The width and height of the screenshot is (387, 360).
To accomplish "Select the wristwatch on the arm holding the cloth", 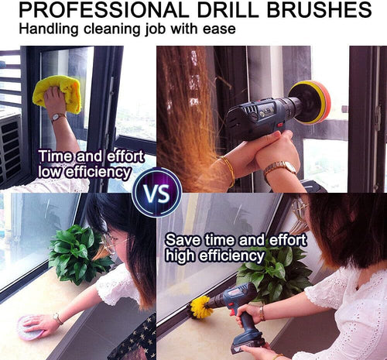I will [58, 118].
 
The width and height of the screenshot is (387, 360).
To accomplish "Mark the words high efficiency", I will [214, 255].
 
